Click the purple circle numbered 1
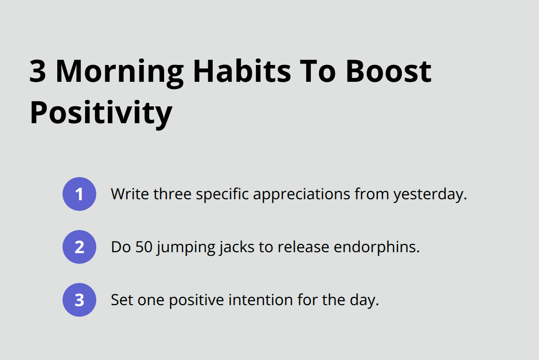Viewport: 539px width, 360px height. [79, 194]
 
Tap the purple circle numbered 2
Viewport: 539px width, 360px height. [79, 247]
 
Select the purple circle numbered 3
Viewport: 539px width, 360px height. [79, 300]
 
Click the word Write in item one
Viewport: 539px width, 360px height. [129, 194]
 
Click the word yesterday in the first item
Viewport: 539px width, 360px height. [430, 195]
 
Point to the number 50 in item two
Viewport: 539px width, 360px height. [144, 247]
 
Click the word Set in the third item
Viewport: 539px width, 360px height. [121, 300]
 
